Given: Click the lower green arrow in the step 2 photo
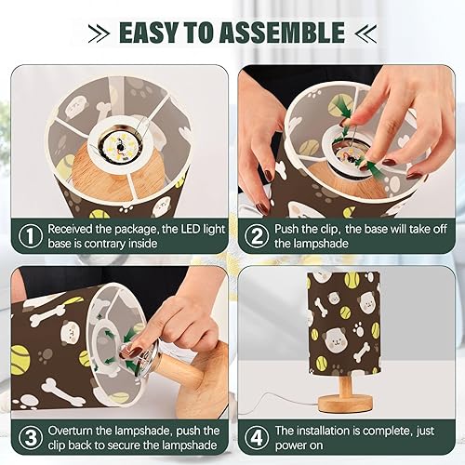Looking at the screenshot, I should [372, 167].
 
